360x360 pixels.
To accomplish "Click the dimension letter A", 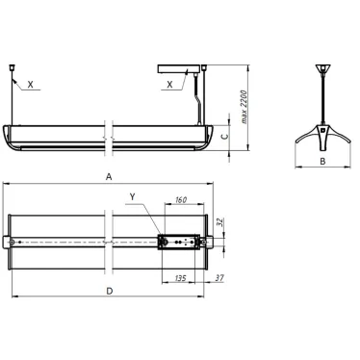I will pyautogui.click(x=110, y=177).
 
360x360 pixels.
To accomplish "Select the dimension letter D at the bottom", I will pyautogui.click(x=110, y=289).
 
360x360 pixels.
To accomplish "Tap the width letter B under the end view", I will pyautogui.click(x=321, y=163).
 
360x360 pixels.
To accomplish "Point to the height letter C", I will pyautogui.click(x=224, y=136).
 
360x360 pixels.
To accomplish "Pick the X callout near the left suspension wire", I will pyautogui.click(x=31, y=85).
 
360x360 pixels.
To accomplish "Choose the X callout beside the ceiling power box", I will pyautogui.click(x=170, y=85).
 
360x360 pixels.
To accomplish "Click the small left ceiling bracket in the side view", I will pyautogui.click(x=12, y=69).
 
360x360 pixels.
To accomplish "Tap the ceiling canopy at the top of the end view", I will pyautogui.click(x=321, y=71).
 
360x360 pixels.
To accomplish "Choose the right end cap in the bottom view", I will pyautogui.click(x=210, y=241).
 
